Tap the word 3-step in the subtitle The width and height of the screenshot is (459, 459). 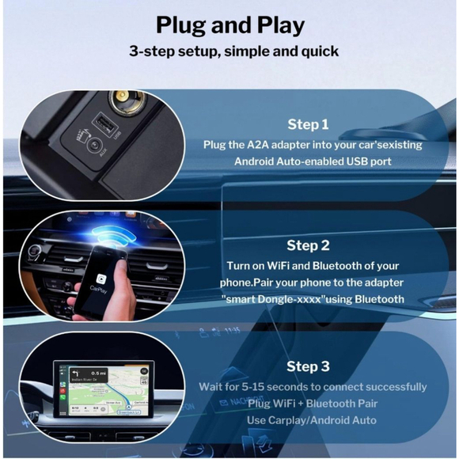tap(154, 52)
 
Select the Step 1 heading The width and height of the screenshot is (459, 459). tap(308, 125)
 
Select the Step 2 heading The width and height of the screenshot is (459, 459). tap(308, 245)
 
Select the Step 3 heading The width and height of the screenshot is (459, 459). tap(308, 366)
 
